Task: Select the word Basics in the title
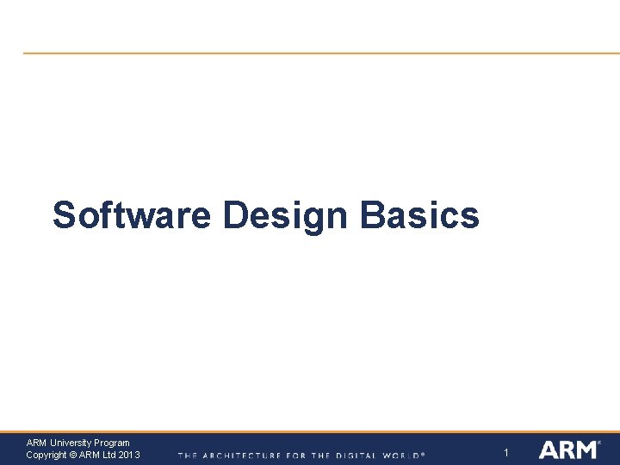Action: click(419, 214)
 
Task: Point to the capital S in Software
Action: click(63, 214)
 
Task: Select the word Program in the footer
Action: click(111, 443)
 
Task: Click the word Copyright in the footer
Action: click(46, 455)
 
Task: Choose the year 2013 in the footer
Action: click(129, 455)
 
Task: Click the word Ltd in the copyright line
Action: click(109, 455)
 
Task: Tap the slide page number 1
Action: click(506, 453)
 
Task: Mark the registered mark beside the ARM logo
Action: click(599, 443)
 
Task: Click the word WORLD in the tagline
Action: click(403, 455)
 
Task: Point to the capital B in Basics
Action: click(373, 214)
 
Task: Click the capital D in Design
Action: click(235, 214)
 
